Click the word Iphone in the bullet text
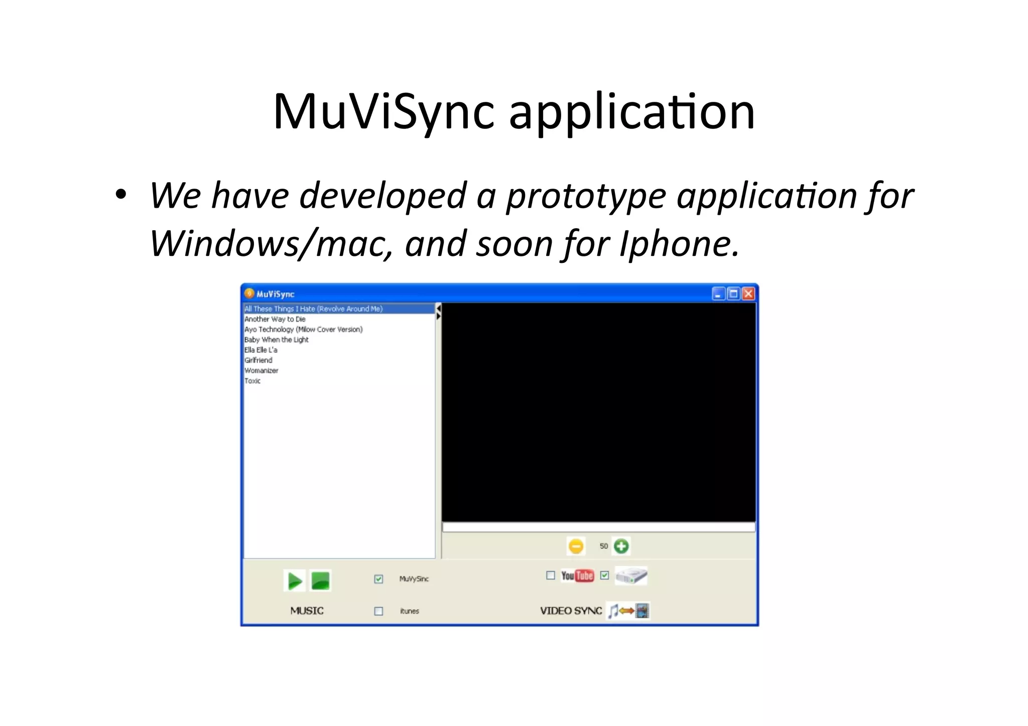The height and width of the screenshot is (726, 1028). pyautogui.click(x=679, y=244)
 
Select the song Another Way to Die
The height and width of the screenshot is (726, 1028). pyautogui.click(x=275, y=319)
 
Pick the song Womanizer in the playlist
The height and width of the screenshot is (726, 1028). pyautogui.click(x=261, y=371)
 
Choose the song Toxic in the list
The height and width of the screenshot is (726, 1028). pyautogui.click(x=252, y=381)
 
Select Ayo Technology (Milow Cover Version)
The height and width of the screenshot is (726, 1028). pyautogui.click(x=303, y=330)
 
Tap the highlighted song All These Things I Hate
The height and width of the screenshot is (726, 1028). pyautogui.click(x=313, y=309)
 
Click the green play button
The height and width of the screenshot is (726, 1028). pyautogui.click(x=294, y=581)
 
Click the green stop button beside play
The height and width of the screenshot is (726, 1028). pyautogui.click(x=320, y=581)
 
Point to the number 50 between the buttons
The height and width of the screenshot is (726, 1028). pyautogui.click(x=603, y=546)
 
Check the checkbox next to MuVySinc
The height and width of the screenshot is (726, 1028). pyautogui.click(x=378, y=579)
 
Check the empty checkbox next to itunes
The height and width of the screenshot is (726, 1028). pyautogui.click(x=378, y=611)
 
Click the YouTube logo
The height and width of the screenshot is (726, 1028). pyautogui.click(x=577, y=575)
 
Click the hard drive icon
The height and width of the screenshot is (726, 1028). pyautogui.click(x=631, y=575)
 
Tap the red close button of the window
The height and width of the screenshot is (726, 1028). pyautogui.click(x=748, y=294)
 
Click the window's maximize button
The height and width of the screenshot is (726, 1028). pyautogui.click(x=733, y=294)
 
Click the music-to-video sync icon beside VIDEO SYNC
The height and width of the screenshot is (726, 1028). pyautogui.click(x=628, y=611)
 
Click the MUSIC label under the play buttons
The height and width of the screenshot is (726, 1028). pyautogui.click(x=307, y=611)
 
